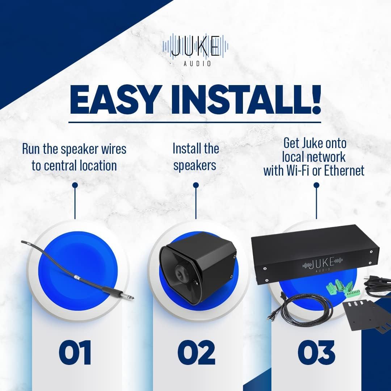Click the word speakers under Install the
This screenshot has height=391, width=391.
[194, 165]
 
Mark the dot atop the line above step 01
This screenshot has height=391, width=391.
[75, 185]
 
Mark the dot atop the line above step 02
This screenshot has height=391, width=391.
[196, 185]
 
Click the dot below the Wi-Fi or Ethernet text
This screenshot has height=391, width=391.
[316, 185]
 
